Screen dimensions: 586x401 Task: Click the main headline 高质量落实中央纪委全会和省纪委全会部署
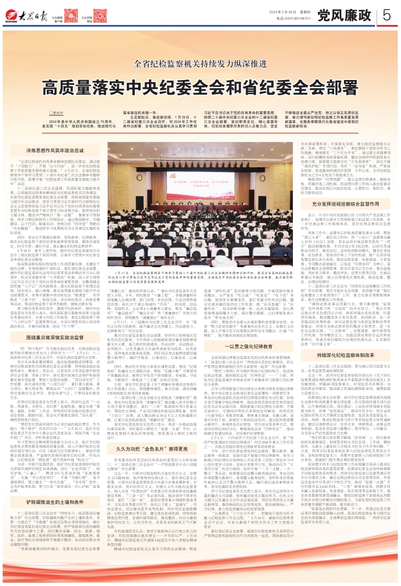[200, 73]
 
